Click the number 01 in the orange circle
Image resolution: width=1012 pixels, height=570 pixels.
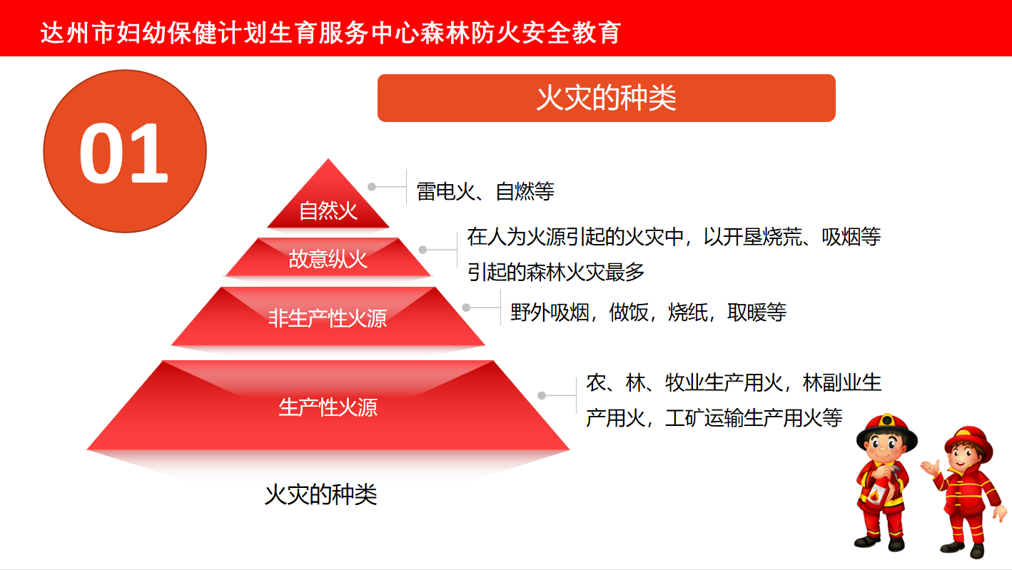(x=123, y=153)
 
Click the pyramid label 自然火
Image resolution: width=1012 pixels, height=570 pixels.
(x=328, y=210)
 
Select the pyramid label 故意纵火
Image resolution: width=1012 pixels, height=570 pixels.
(x=328, y=259)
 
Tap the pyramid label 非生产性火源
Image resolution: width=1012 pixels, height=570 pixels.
(x=328, y=318)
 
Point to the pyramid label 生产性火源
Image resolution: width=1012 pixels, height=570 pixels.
(x=328, y=407)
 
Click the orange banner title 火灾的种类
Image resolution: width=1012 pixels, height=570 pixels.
(x=607, y=98)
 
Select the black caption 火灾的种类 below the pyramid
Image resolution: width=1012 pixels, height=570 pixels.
(x=320, y=494)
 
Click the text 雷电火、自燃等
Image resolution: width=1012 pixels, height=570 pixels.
(x=485, y=191)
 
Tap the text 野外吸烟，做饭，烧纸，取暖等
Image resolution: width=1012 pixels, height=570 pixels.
(x=648, y=312)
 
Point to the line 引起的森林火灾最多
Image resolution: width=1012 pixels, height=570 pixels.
(x=556, y=272)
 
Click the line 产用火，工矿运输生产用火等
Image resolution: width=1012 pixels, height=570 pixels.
(x=714, y=417)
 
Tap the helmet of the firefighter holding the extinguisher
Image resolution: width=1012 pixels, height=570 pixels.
(x=887, y=431)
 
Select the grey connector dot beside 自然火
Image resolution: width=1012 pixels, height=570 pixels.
(x=372, y=186)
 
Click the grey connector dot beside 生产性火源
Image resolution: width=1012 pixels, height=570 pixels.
(x=542, y=395)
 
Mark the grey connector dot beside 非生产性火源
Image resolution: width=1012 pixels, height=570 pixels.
(x=466, y=307)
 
